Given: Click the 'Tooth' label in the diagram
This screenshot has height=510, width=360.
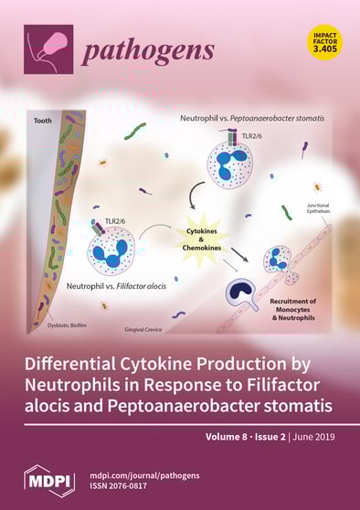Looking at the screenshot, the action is click(43, 120).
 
